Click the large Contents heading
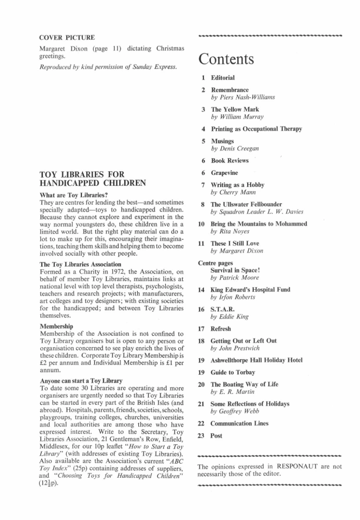click(226, 59)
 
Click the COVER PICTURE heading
click(67, 38)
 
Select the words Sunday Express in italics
click(157, 67)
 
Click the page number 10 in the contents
click(201, 224)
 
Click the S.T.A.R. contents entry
click(222, 309)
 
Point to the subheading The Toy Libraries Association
click(81, 264)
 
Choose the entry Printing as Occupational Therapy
click(256, 128)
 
